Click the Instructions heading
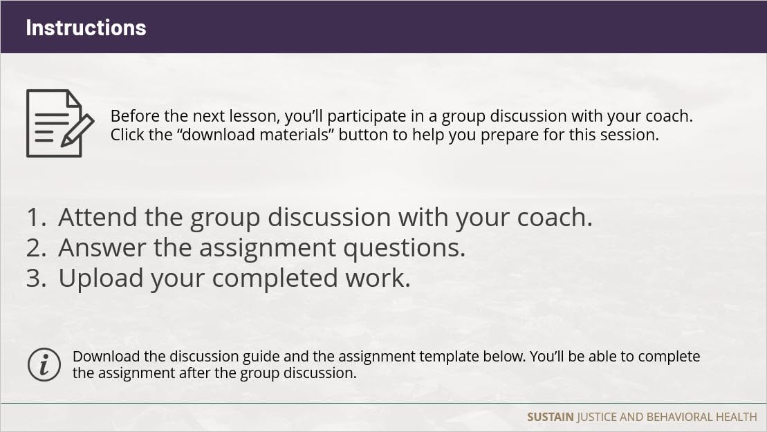point(86,28)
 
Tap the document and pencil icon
point(60,123)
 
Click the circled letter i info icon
point(44,364)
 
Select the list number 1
point(36,218)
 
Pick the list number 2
point(36,247)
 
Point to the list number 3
point(36,278)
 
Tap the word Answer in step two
point(102,247)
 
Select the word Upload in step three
point(101,279)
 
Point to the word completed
point(275,279)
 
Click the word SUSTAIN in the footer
point(551,417)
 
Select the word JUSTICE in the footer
point(597,417)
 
